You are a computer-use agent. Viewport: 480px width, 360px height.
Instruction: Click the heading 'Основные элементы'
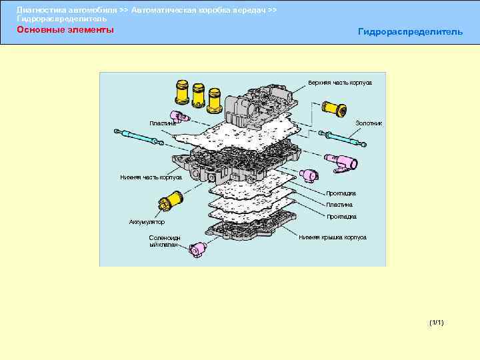coord(65,30)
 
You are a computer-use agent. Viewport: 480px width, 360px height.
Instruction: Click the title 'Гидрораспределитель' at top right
coord(409,32)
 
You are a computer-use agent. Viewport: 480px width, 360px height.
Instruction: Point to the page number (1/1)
coord(437,323)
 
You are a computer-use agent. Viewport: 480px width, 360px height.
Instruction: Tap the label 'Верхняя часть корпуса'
coord(339,83)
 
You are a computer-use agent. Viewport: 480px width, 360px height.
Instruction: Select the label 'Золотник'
coord(368,123)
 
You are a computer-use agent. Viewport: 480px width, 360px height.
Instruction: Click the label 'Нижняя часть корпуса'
coord(151,177)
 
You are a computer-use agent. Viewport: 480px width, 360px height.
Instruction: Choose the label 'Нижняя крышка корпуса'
coord(332,237)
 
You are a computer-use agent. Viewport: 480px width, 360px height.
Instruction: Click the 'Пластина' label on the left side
coord(163,123)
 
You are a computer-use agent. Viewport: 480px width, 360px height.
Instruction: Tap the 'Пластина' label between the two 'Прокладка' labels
coord(339,205)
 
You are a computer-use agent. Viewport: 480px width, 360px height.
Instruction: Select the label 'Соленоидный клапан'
coord(163,241)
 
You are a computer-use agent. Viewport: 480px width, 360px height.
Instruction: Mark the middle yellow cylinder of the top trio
coord(198,97)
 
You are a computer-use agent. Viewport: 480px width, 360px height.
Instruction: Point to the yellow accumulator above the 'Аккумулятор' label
coord(173,198)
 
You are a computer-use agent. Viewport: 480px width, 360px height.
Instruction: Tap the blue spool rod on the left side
coord(137,137)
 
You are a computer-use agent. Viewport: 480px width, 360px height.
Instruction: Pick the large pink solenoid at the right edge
coord(345,161)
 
